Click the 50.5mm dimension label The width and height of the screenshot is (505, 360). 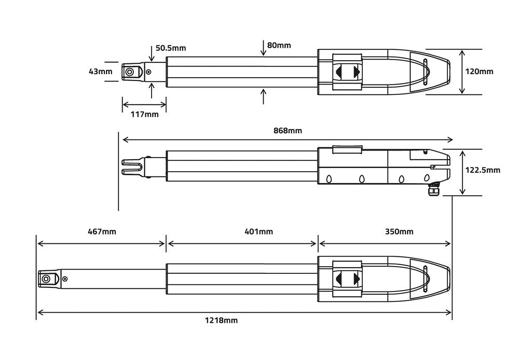(x=170, y=48)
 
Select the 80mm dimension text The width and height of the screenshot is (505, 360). (x=279, y=45)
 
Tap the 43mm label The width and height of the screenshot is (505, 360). (x=100, y=72)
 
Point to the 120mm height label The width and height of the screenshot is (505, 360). (x=479, y=72)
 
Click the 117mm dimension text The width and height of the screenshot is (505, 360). (x=144, y=114)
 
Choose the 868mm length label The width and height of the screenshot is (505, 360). (x=288, y=131)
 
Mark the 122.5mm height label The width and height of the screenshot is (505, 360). (x=482, y=170)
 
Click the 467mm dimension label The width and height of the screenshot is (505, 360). (x=102, y=231)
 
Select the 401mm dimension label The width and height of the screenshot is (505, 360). (x=258, y=231)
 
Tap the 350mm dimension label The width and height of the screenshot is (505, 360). (x=399, y=231)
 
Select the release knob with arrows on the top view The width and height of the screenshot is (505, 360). (x=347, y=72)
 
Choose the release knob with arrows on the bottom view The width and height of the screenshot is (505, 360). (x=347, y=279)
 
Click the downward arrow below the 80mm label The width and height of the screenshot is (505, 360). (x=264, y=51)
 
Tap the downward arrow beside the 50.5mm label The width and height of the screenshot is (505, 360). (x=151, y=54)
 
